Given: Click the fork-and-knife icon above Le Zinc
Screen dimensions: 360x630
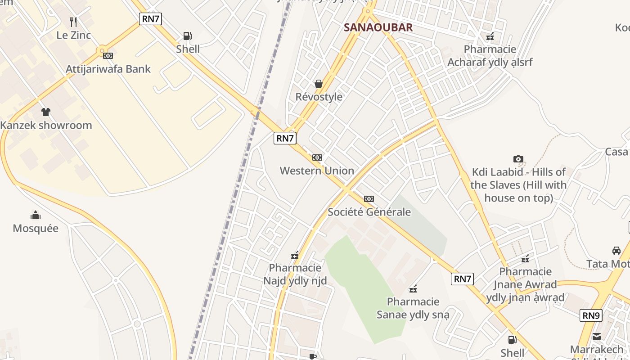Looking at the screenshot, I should [73, 22].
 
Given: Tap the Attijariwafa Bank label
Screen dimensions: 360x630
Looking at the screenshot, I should [108, 69].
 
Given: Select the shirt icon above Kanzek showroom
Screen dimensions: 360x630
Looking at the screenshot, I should [45, 112].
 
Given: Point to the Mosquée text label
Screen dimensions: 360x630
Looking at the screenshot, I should [36, 228].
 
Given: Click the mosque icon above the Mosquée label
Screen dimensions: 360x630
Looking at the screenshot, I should [36, 215].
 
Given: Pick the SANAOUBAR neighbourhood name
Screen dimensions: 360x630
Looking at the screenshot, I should [378, 27].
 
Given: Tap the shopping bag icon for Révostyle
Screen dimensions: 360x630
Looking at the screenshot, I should [319, 84].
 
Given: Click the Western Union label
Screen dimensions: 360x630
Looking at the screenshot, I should [317, 171].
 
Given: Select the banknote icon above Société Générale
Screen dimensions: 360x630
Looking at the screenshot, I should [369, 199].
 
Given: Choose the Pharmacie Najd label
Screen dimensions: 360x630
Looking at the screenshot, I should [295, 274].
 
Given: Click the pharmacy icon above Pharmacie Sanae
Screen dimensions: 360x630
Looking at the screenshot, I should [413, 289].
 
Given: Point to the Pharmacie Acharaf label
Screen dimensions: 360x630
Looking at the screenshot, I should [490, 55].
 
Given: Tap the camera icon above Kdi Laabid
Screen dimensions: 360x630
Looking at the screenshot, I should [518, 159].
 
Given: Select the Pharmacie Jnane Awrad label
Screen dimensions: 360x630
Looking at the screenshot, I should [525, 284].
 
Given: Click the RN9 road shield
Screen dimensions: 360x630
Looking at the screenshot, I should [590, 315].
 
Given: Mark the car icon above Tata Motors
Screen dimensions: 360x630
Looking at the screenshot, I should [616, 251].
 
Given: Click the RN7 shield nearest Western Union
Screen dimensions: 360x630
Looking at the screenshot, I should [285, 138].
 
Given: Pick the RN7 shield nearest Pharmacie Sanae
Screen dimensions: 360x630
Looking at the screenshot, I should [462, 279].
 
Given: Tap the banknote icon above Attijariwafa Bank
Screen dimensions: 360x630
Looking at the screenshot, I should [108, 56].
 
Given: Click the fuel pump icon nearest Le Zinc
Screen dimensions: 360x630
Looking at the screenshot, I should [188, 36].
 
